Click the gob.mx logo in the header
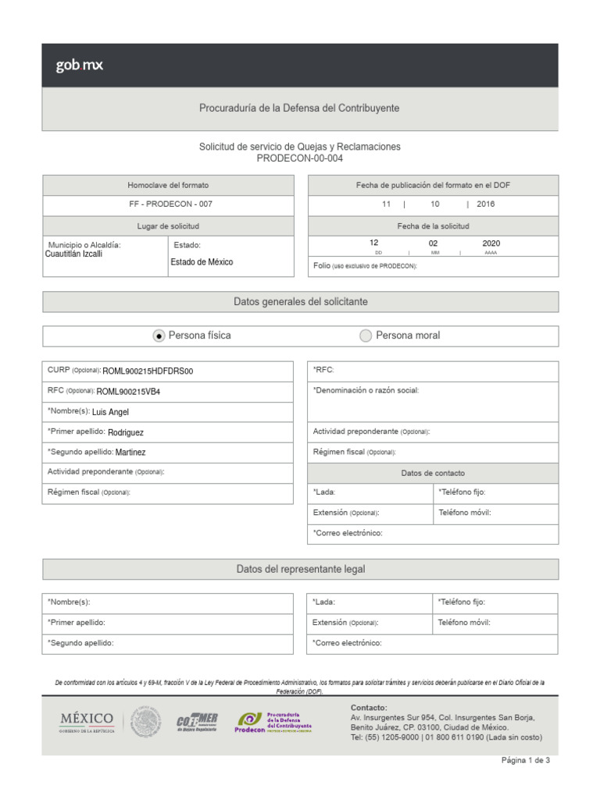coord(79,66)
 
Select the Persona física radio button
coord(159,336)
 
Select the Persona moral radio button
coord(366,336)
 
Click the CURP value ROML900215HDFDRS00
coord(148,371)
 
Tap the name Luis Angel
coord(110,412)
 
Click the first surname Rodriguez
coord(126,432)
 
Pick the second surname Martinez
coord(130,452)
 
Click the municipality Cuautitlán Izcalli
coord(73,254)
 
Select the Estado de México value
coord(202,262)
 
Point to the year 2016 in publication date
coord(485,204)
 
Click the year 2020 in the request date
coord(491,243)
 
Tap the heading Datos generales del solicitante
coord(300,301)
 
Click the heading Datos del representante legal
coord(300,570)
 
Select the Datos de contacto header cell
coord(433,473)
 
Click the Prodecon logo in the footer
coord(273,723)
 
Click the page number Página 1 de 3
coord(525,760)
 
